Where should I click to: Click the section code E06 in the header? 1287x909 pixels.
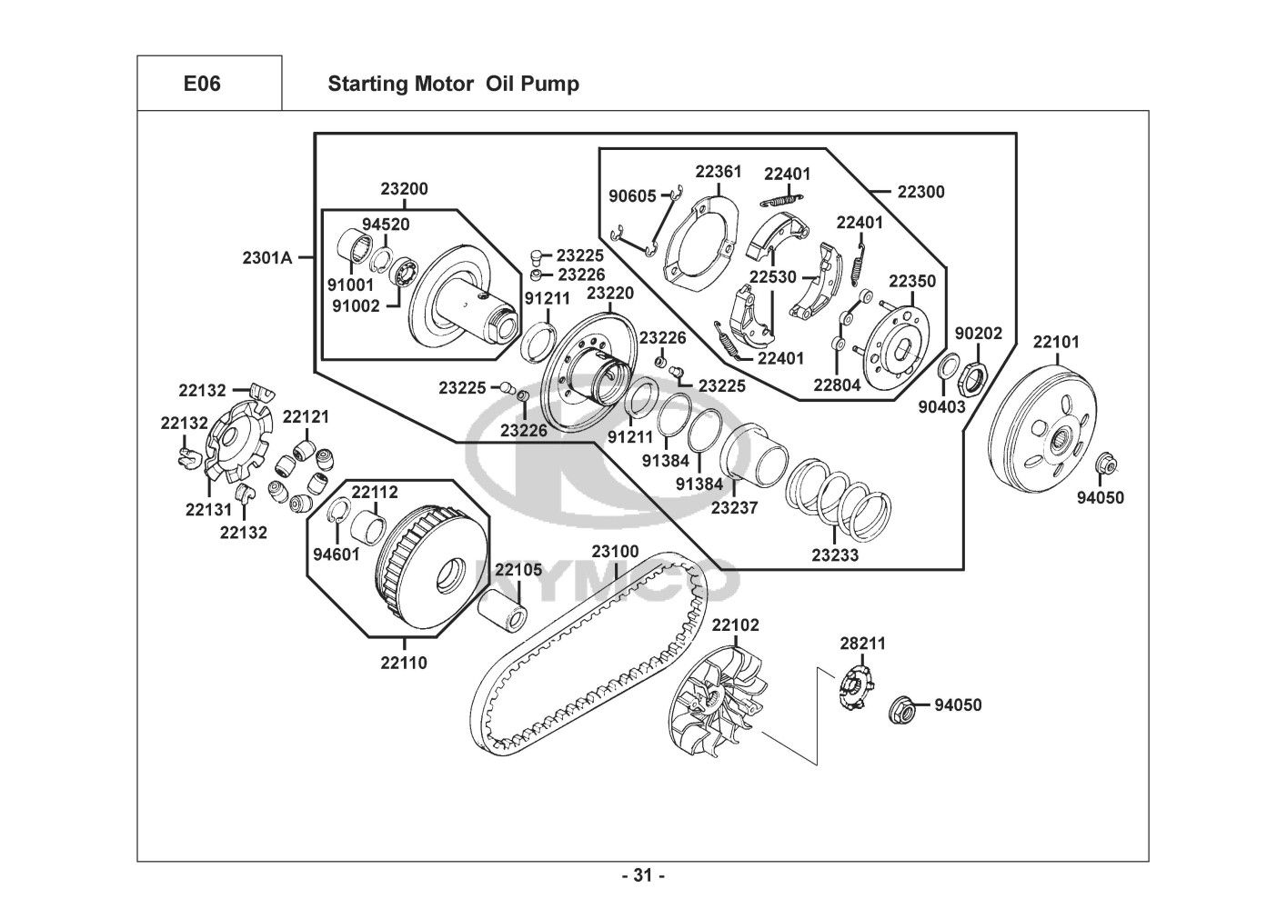tap(201, 85)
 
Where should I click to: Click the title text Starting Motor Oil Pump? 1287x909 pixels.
tap(453, 85)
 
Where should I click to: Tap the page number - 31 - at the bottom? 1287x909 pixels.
tap(643, 876)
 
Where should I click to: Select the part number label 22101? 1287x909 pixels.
tap(1056, 343)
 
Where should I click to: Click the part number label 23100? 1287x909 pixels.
tap(615, 552)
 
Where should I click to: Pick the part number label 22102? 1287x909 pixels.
tap(735, 625)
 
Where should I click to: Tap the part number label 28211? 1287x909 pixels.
tap(862, 644)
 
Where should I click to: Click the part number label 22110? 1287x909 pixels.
tap(404, 663)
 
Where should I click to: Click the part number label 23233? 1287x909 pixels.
tap(835, 554)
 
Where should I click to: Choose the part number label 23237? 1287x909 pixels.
tap(734, 508)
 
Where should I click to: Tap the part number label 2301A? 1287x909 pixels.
tap(266, 257)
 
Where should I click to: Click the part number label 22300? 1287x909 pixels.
tap(920, 192)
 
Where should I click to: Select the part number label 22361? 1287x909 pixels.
tap(719, 171)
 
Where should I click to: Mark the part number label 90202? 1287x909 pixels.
tap(979, 334)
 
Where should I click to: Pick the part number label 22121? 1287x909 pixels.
tap(306, 416)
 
